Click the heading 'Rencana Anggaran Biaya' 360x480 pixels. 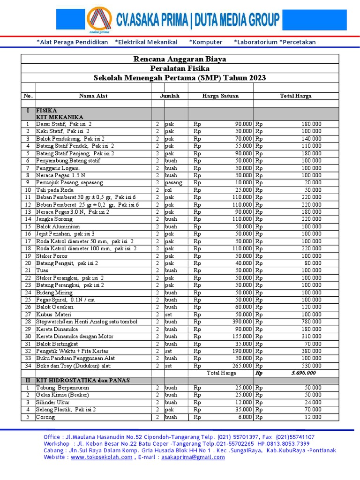(180, 59)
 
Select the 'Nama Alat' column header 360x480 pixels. (93, 96)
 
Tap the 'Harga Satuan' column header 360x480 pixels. (220, 96)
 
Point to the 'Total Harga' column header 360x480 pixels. (295, 96)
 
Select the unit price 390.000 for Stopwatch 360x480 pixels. (241, 322)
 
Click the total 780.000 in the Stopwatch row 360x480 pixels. (311, 322)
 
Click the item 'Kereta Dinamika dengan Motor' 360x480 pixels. (71, 337)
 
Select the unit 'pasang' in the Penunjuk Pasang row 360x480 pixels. (173, 183)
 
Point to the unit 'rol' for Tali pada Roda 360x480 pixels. (168, 190)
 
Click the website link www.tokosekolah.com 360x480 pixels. (101, 457)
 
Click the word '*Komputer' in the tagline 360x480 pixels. (205, 42)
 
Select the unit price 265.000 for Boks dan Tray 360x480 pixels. (241, 366)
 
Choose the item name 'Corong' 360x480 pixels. (45, 417)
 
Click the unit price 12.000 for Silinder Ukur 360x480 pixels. (243, 402)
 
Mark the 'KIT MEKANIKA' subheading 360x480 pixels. (60, 117)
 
